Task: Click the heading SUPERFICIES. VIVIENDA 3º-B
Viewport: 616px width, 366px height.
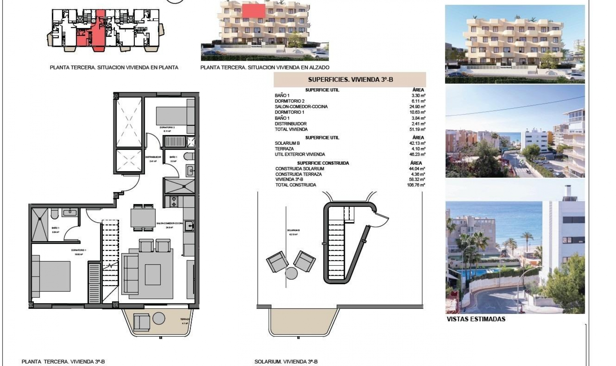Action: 350,80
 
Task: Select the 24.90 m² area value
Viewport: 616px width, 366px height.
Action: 418,107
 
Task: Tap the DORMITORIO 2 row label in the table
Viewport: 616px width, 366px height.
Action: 289,101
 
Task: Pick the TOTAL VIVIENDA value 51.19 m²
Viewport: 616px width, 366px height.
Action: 418,129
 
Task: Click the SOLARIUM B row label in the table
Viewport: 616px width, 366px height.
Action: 287,143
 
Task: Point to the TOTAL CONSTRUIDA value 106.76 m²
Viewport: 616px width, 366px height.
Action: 416,185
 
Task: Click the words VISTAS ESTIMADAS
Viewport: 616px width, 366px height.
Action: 476,319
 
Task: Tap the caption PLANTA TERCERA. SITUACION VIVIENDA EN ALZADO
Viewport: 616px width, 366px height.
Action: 265,67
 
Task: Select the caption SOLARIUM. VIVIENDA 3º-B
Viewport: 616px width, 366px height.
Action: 286,362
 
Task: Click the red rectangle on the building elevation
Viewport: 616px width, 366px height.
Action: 253,11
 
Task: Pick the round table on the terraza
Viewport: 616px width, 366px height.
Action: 159,318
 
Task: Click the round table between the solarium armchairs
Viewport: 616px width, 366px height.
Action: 291,273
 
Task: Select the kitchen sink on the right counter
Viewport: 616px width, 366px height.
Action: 189,226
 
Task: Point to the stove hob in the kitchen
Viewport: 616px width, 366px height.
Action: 174,202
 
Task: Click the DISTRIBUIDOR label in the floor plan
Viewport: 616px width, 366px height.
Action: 153,157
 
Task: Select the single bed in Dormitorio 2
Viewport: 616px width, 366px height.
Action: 172,116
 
